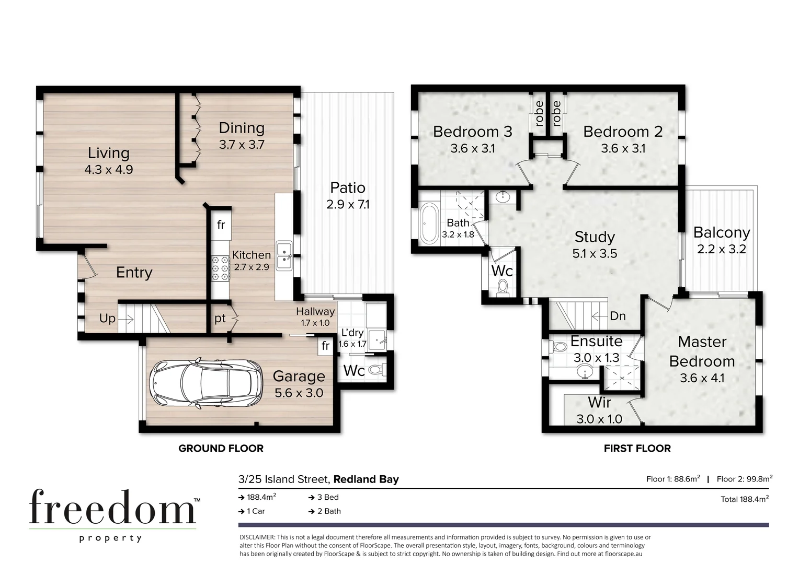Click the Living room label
[108, 153]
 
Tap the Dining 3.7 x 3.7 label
[242, 136]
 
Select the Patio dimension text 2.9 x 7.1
[348, 205]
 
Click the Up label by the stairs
[107, 319]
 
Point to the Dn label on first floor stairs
[618, 316]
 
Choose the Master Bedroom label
[702, 351]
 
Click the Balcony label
[722, 232]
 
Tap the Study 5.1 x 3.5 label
[595, 245]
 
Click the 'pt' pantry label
[220, 318]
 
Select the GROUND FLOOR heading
[221, 448]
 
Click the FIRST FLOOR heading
[637, 448]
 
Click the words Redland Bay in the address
[366, 479]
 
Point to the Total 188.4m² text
[744, 499]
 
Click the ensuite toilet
[560, 347]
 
